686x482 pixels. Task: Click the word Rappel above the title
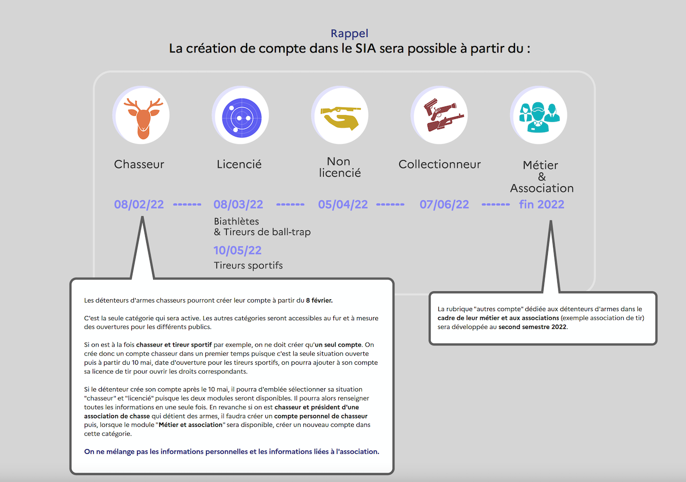349,33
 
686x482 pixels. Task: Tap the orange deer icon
143,118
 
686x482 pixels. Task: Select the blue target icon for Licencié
242,118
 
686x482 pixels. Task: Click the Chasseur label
139,164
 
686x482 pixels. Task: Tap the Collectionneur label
439,164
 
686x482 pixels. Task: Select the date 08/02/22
139,205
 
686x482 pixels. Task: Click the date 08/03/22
238,205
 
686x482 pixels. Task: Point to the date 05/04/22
342,205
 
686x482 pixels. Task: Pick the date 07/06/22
444,205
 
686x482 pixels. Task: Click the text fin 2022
541,205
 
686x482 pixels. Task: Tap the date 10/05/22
237,250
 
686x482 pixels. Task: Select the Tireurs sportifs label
248,265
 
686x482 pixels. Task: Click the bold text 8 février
319,300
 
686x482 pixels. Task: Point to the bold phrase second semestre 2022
533,327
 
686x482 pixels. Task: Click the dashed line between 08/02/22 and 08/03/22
187,205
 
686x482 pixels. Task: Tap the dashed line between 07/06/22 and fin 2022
496,205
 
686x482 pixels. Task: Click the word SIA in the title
366,48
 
